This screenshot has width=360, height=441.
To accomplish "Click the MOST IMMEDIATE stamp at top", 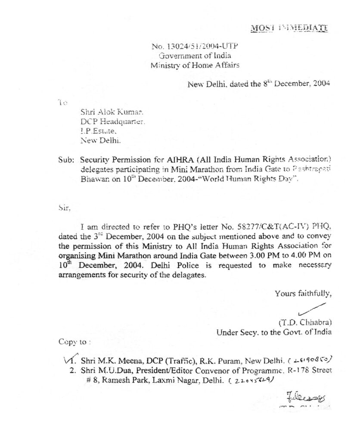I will point(289,28).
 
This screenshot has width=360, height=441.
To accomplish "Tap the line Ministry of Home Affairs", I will point(195,65).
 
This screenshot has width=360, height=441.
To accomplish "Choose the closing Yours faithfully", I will point(303,294).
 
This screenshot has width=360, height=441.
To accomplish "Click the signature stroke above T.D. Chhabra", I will point(311,309).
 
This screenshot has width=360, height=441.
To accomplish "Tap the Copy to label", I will point(74,342).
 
